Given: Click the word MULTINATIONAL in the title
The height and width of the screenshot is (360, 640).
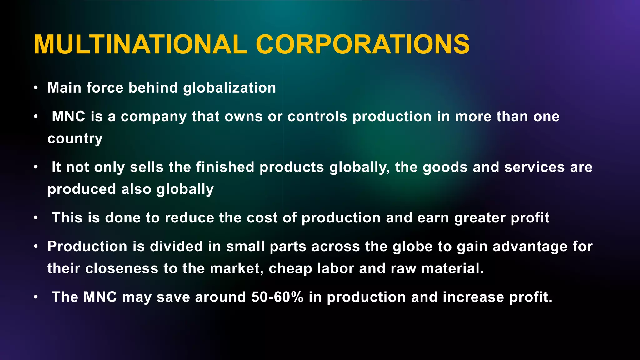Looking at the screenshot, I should click(x=141, y=45).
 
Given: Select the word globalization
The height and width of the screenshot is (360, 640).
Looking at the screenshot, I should click(x=230, y=88).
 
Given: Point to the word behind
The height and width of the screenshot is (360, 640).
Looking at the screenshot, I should click(x=153, y=88).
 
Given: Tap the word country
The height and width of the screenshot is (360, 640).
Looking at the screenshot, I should click(x=75, y=138).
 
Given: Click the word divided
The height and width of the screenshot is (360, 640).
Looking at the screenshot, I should click(x=177, y=247).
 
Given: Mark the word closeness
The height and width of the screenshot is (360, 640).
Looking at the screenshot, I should click(x=122, y=268).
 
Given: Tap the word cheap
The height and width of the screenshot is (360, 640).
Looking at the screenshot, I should click(x=290, y=268).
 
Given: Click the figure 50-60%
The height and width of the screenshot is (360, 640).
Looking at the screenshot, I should click(x=277, y=297).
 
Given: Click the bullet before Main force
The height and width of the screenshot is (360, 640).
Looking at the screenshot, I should click(x=36, y=88).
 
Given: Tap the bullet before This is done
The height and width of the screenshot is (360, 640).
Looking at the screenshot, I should click(x=36, y=218).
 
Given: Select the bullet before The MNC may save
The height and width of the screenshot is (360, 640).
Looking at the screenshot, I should click(x=36, y=297).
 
